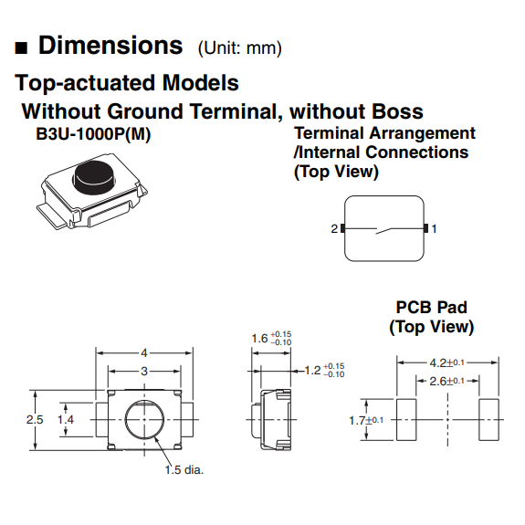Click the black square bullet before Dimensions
[x=21, y=47]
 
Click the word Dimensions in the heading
[x=110, y=46]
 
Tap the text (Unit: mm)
[x=240, y=48]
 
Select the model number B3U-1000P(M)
[x=93, y=134]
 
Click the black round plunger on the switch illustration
[x=94, y=177]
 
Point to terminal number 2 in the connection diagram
[x=334, y=228]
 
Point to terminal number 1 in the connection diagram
[x=434, y=228]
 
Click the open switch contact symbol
[x=384, y=230]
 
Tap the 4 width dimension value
[x=144, y=353]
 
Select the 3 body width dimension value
[x=144, y=372]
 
